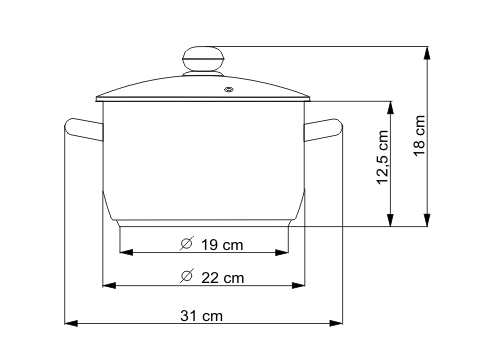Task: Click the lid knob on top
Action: tap(203, 59)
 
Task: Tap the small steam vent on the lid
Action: tap(229, 89)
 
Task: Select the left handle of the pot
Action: tap(83, 129)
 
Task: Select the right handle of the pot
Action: tap(323, 130)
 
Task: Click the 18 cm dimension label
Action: tap(420, 135)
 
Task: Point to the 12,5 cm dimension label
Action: tap(382, 157)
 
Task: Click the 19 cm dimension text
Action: tap(222, 245)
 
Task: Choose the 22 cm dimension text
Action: tap(222, 278)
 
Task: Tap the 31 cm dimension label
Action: tap(201, 316)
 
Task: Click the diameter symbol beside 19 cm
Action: tap(187, 243)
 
